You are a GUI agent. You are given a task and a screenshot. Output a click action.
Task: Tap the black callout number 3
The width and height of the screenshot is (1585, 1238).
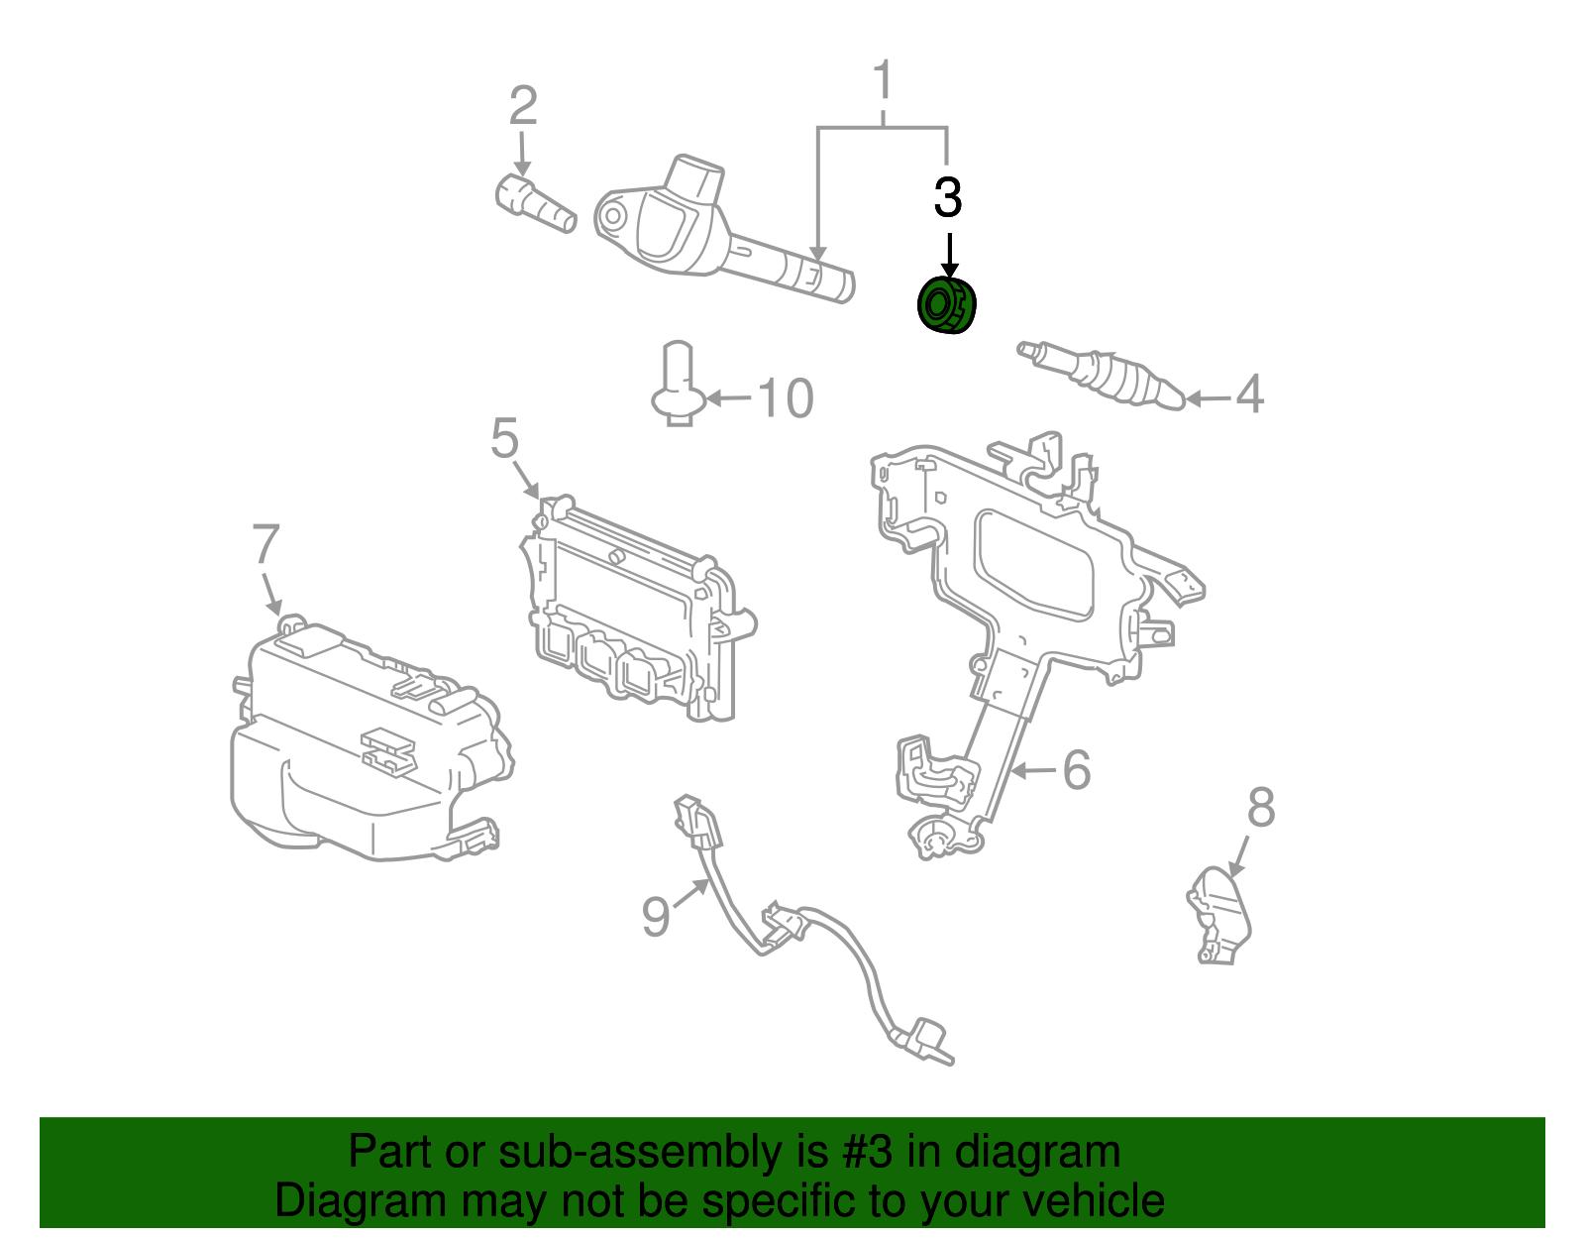(948, 198)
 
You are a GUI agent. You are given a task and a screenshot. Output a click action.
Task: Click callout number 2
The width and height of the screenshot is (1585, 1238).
(523, 105)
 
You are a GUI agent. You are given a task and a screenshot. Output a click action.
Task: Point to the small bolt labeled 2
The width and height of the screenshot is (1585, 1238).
(535, 202)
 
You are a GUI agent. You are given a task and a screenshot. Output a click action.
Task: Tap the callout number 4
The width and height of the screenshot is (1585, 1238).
(1250, 394)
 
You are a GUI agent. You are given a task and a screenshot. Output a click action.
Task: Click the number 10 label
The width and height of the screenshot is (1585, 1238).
(786, 398)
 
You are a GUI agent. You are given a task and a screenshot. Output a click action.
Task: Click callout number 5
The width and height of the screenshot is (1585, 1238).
(504, 438)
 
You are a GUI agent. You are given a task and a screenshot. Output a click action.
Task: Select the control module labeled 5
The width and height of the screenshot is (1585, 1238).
(634, 615)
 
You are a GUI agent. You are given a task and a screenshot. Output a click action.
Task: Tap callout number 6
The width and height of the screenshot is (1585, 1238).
(1077, 770)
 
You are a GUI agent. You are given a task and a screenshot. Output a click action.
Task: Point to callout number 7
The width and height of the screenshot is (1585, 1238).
(265, 544)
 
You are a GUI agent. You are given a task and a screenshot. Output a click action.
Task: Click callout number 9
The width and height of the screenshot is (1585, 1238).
(656, 916)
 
